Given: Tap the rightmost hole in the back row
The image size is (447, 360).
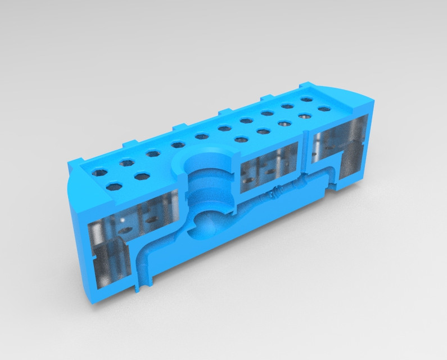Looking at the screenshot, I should click(307, 100).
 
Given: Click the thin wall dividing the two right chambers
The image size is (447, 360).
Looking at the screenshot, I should click(306, 152).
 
